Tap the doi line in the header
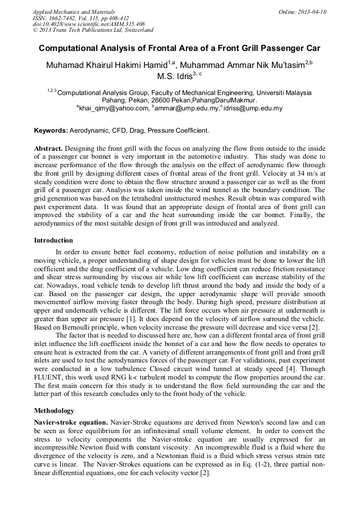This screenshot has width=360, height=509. (89, 24)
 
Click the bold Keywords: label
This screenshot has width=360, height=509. (51, 131)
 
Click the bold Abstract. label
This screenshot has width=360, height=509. (48, 148)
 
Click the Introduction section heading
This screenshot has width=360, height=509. (54, 240)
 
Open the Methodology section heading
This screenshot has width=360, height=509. (54, 411)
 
